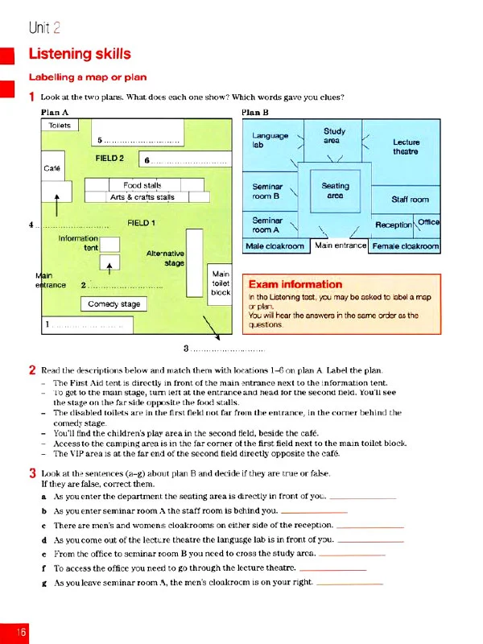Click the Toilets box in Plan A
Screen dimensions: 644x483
click(60, 126)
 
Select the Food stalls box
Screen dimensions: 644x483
click(142, 185)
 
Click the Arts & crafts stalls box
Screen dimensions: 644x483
click(142, 196)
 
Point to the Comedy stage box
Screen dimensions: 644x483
click(114, 303)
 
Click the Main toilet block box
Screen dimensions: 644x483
click(221, 283)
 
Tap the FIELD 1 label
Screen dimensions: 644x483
click(142, 222)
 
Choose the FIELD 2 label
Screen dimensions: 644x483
click(110, 158)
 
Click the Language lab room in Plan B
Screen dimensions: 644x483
click(270, 141)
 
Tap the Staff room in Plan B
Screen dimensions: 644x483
click(410, 199)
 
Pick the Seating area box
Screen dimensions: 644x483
click(336, 191)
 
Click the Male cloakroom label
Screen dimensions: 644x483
click(275, 246)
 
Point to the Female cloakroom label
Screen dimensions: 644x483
click(405, 246)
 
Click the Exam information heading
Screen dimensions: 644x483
click(295, 284)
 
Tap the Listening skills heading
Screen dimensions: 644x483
click(80, 54)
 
